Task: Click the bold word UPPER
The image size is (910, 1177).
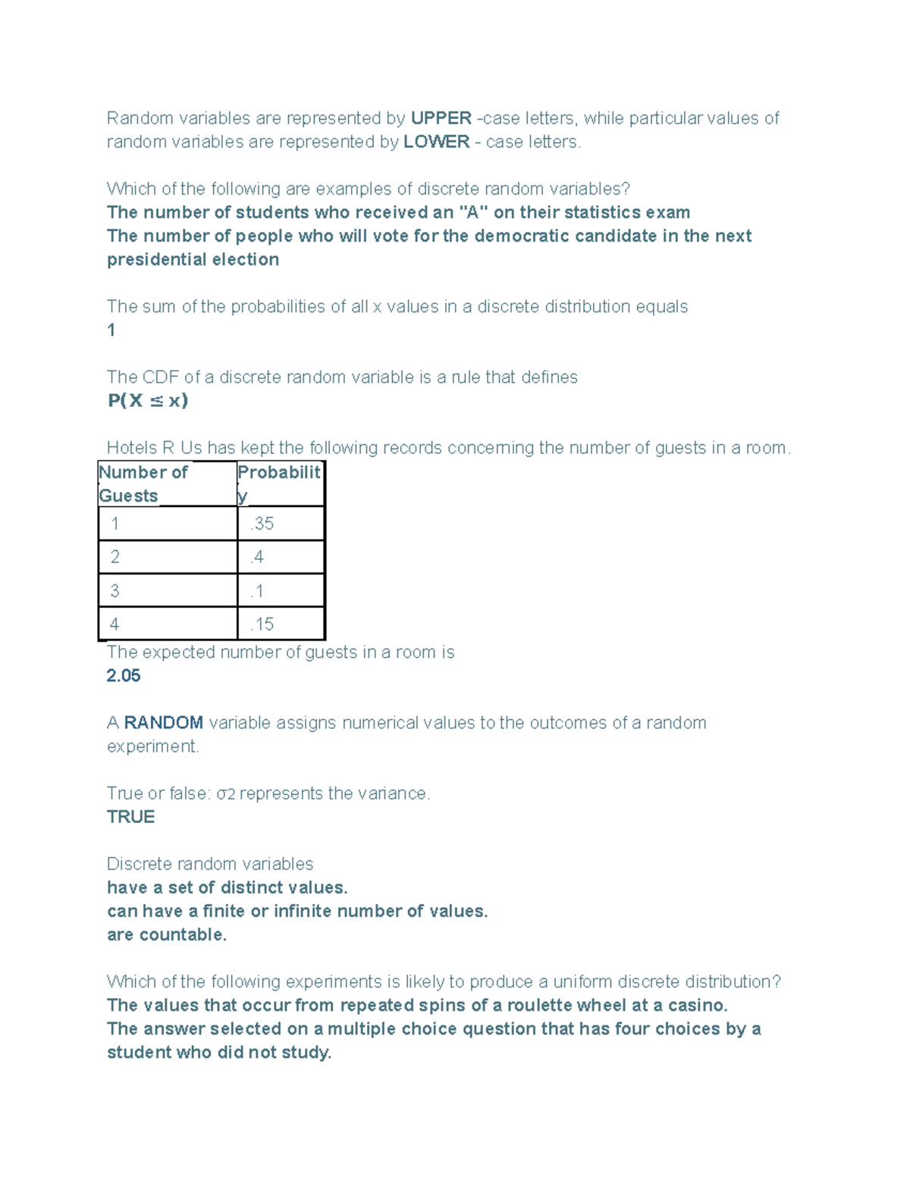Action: point(441,118)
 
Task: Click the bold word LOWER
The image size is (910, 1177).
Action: point(436,142)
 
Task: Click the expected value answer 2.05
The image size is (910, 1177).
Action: point(124,675)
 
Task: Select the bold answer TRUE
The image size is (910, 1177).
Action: point(130,816)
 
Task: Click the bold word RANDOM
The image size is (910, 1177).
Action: point(164,722)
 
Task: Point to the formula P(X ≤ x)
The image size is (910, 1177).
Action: point(148,401)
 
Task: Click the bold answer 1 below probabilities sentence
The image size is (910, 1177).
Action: point(111,330)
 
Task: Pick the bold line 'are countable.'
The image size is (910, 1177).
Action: point(167,934)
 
